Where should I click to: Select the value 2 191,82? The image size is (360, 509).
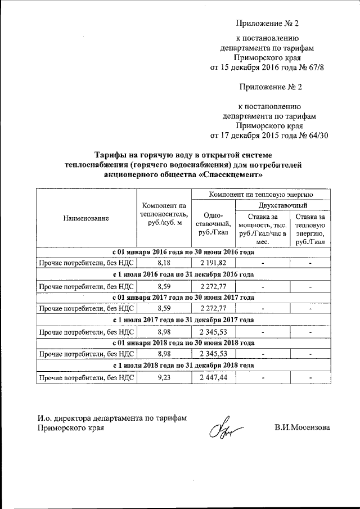click(213, 263)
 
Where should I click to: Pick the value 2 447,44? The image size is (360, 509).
click(213, 377)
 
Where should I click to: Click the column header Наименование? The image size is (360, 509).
click(86, 218)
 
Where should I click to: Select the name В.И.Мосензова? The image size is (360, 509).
click(303, 427)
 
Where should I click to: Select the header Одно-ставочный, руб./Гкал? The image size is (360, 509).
click(213, 224)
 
